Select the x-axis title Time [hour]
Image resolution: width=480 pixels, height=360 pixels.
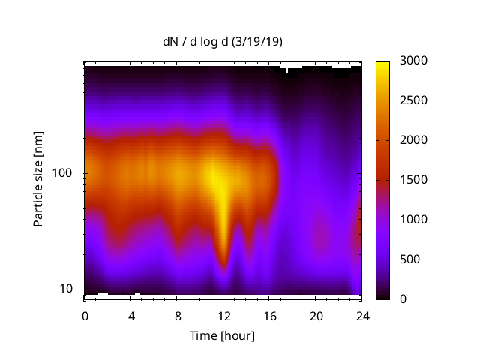[223, 335]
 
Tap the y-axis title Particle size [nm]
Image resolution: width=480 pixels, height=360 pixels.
[38, 180]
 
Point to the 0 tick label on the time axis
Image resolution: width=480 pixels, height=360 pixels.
[85, 315]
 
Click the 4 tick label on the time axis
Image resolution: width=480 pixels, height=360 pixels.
[131, 315]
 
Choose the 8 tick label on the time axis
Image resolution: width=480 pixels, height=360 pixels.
[177, 315]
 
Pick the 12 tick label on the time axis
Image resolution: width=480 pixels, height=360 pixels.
[223, 315]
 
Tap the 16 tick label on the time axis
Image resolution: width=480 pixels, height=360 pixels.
[269, 315]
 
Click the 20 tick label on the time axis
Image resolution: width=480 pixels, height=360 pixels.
[316, 315]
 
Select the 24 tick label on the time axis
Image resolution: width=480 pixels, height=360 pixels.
[361, 315]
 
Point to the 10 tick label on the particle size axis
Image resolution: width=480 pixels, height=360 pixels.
[67, 289]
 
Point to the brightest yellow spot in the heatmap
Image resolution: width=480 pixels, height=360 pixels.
[217, 180]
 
